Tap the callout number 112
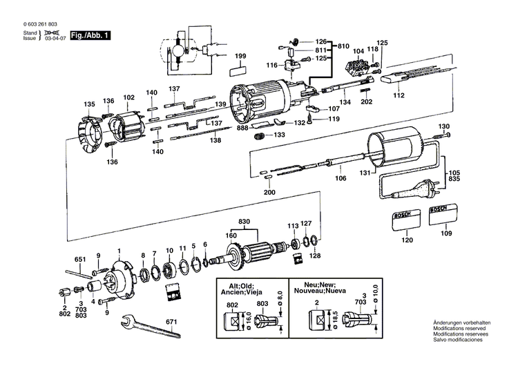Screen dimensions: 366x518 pyautogui.click(x=398, y=96)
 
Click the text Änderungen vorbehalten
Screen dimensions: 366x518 pyautogui.click(x=461, y=324)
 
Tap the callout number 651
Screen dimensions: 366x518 pyautogui.click(x=80, y=260)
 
